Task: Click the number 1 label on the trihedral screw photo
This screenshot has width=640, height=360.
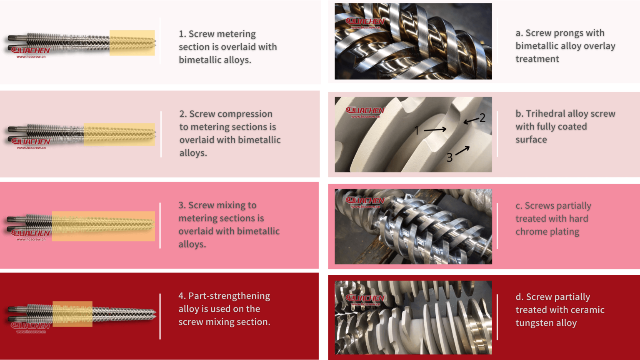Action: pos(417,131)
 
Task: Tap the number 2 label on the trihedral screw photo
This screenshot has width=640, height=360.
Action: pos(482,118)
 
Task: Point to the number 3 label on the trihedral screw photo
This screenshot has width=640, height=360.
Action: pos(449,157)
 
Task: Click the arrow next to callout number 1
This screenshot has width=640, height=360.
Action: pos(435,130)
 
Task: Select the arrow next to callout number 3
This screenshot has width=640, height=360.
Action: pos(462,150)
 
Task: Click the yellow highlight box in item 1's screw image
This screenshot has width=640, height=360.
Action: pos(132,42)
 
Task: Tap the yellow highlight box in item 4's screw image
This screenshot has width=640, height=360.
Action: pos(72,314)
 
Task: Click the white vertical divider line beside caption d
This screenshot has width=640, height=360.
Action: pos(497,317)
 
